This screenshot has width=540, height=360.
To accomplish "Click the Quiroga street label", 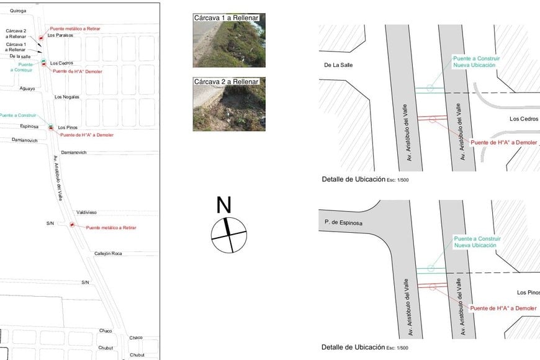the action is (x=18, y=11).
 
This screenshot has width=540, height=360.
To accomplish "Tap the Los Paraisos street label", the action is (x=60, y=35).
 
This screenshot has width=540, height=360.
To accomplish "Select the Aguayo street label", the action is (x=27, y=89).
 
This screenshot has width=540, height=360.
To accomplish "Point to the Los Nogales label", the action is (x=67, y=97).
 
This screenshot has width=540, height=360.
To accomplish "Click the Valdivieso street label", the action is (x=86, y=212).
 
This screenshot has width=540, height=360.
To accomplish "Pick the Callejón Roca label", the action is (x=108, y=253).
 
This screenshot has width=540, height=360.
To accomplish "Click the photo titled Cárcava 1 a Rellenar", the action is (x=229, y=40).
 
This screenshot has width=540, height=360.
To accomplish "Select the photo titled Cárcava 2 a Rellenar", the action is (x=229, y=104).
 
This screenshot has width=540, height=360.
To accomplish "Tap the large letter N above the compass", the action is (x=223, y=205).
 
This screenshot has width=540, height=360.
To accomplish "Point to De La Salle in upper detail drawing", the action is (x=338, y=65).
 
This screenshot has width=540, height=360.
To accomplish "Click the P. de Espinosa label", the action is (x=343, y=223).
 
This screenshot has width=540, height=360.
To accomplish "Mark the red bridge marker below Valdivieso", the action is (x=72, y=225).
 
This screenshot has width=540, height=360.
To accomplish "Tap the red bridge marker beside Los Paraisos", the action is (x=40, y=38).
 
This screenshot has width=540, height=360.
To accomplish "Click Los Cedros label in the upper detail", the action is (x=524, y=119).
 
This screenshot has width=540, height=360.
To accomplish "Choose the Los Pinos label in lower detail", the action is (x=528, y=292).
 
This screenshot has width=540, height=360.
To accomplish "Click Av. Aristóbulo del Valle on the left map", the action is (x=58, y=178).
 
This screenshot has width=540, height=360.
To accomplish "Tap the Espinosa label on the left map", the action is (x=29, y=127).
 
